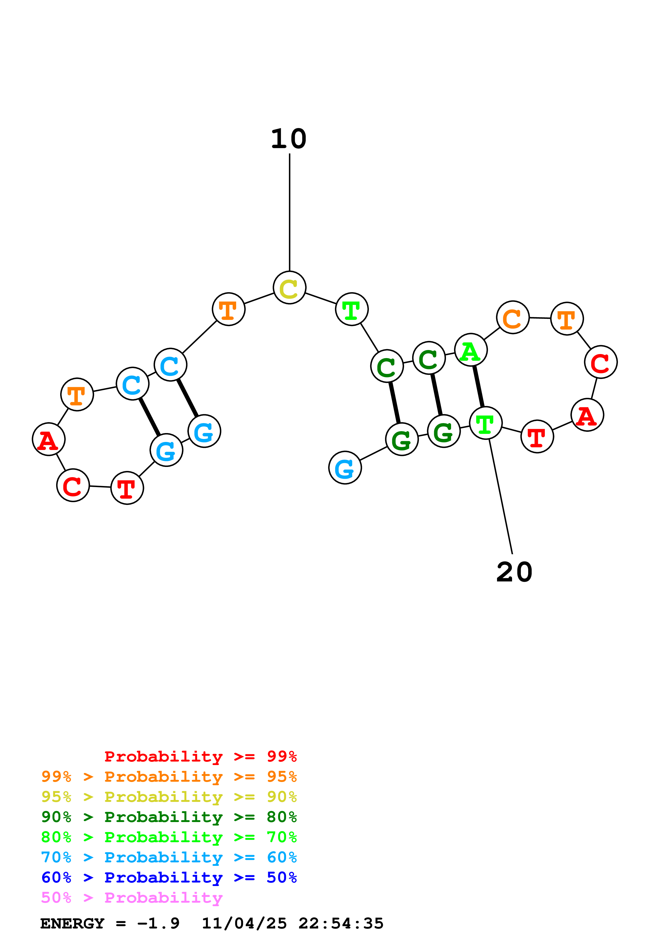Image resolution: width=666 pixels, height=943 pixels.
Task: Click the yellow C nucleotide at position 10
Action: tap(289, 288)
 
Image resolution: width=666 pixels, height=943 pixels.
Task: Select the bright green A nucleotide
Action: tap(471, 350)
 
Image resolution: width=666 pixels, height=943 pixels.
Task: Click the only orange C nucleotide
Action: tap(513, 317)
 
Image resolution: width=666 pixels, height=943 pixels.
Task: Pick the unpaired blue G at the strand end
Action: tap(345, 468)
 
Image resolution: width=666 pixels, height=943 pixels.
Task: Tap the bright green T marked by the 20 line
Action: tap(485, 423)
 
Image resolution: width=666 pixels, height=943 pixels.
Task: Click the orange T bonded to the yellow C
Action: tap(229, 309)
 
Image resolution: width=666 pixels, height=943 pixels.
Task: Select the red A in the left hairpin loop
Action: tap(48, 440)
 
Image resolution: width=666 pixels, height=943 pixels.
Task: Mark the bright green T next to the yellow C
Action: tap(352, 309)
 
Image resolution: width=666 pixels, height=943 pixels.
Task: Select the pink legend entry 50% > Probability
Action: tap(131, 898)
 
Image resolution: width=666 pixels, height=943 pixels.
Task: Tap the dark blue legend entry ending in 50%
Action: tap(169, 878)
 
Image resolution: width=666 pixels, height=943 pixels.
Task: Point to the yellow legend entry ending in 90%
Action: tap(169, 797)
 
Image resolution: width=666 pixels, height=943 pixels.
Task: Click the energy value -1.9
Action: tap(159, 924)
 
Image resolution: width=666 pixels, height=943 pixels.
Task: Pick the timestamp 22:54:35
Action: tap(341, 924)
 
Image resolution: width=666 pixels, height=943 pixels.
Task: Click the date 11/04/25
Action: tap(244, 924)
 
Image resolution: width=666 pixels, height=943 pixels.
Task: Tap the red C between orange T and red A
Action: tap(601, 362)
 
